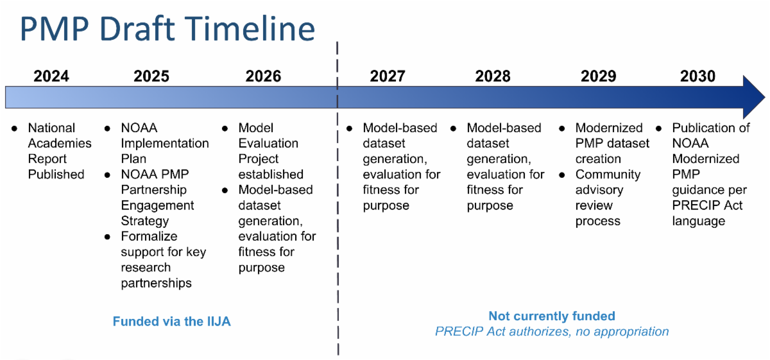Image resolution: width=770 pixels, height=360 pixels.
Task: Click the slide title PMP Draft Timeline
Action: pyautogui.click(x=167, y=29)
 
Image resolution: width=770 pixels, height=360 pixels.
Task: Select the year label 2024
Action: pyautogui.click(x=51, y=76)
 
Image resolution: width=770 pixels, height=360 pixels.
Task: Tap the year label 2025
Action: pyautogui.click(x=151, y=76)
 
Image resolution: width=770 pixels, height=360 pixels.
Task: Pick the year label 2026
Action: pyautogui.click(x=263, y=76)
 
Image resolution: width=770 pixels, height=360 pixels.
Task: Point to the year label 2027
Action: pyautogui.click(x=388, y=76)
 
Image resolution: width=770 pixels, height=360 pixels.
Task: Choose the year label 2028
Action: pyautogui.click(x=493, y=76)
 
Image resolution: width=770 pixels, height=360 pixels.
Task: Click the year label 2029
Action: pyautogui.click(x=598, y=76)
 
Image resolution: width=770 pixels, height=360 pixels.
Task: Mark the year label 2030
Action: pyautogui.click(x=697, y=76)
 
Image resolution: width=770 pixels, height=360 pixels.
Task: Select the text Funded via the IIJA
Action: pyautogui.click(x=171, y=321)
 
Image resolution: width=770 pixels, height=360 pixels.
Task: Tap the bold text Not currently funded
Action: pyautogui.click(x=552, y=316)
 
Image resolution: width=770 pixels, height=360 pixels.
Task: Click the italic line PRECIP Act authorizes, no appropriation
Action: pyautogui.click(x=552, y=332)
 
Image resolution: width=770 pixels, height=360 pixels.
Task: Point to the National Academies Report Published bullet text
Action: pyautogui.click(x=59, y=151)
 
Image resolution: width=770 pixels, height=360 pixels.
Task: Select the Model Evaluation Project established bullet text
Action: pyautogui.click(x=270, y=151)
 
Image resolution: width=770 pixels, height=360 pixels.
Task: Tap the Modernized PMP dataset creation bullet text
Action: pyautogui.click(x=612, y=143)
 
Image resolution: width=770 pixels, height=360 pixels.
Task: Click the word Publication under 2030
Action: pyautogui.click(x=710, y=128)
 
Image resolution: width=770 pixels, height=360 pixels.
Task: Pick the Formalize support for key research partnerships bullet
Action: pyautogui.click(x=163, y=259)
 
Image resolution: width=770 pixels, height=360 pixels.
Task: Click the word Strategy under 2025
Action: pyautogui.click(x=144, y=221)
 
